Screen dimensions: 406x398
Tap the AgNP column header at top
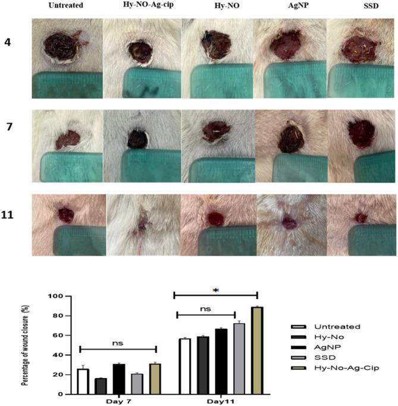pyautogui.click(x=290, y=6)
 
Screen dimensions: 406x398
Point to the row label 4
pyautogui.click(x=10, y=44)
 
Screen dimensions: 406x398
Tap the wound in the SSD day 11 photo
pyautogui.click(x=361, y=218)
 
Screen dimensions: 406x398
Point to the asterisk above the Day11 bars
pyautogui.click(x=215, y=289)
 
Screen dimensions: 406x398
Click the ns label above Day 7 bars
pyautogui.click(x=118, y=343)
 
